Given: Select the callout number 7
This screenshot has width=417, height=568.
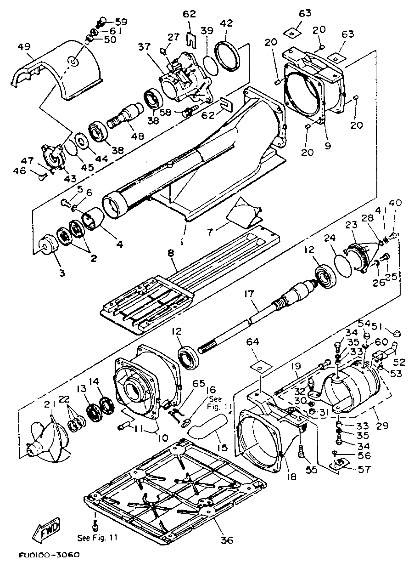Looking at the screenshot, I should click(x=210, y=232).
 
